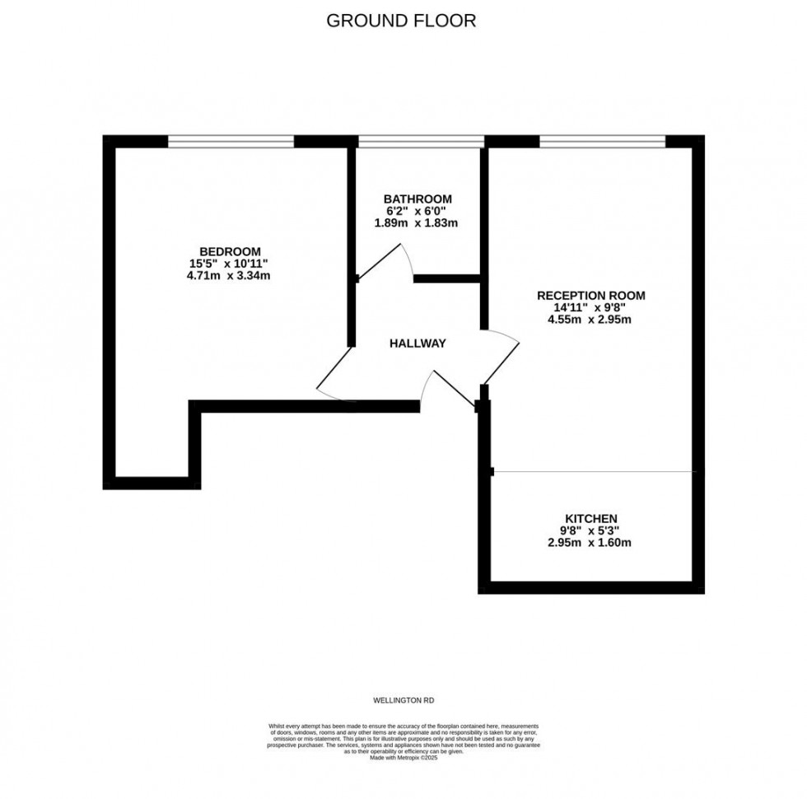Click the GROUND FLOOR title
click(x=401, y=21)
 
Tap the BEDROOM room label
click(x=230, y=251)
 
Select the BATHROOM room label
click(x=417, y=199)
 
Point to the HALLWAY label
click(x=417, y=343)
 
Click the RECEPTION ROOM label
click(x=590, y=295)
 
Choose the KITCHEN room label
click(x=590, y=517)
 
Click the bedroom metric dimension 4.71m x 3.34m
click(x=229, y=276)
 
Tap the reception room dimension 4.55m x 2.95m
click(x=590, y=320)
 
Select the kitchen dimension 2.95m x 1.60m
click(x=590, y=543)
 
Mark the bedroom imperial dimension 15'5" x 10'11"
click(x=229, y=264)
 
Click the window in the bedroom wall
click(x=231, y=141)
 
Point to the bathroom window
click(x=421, y=141)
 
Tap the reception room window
click(x=602, y=141)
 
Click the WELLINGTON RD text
click(x=403, y=699)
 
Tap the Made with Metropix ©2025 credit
click(x=403, y=757)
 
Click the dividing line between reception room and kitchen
click(x=593, y=472)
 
